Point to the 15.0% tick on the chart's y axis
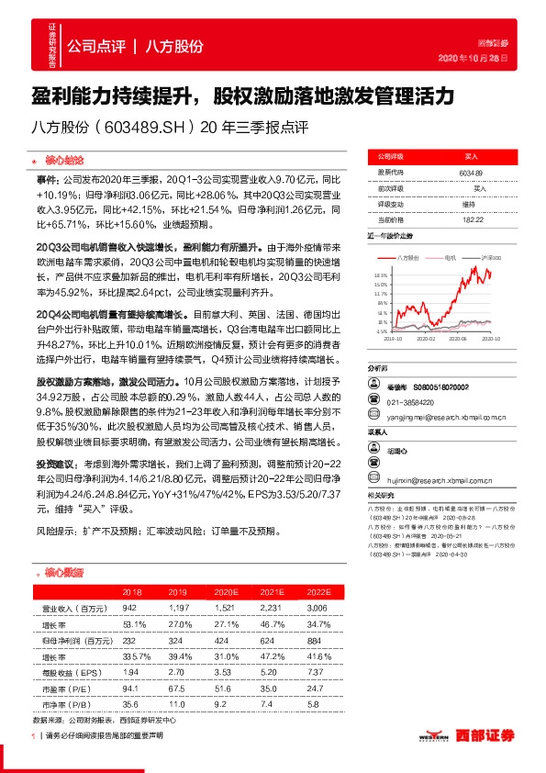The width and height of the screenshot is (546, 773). point(380,284)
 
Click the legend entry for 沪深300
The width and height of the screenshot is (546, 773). point(485,259)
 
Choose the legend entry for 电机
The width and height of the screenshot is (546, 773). point(451,259)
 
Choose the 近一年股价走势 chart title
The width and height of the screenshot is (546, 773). point(393,236)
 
